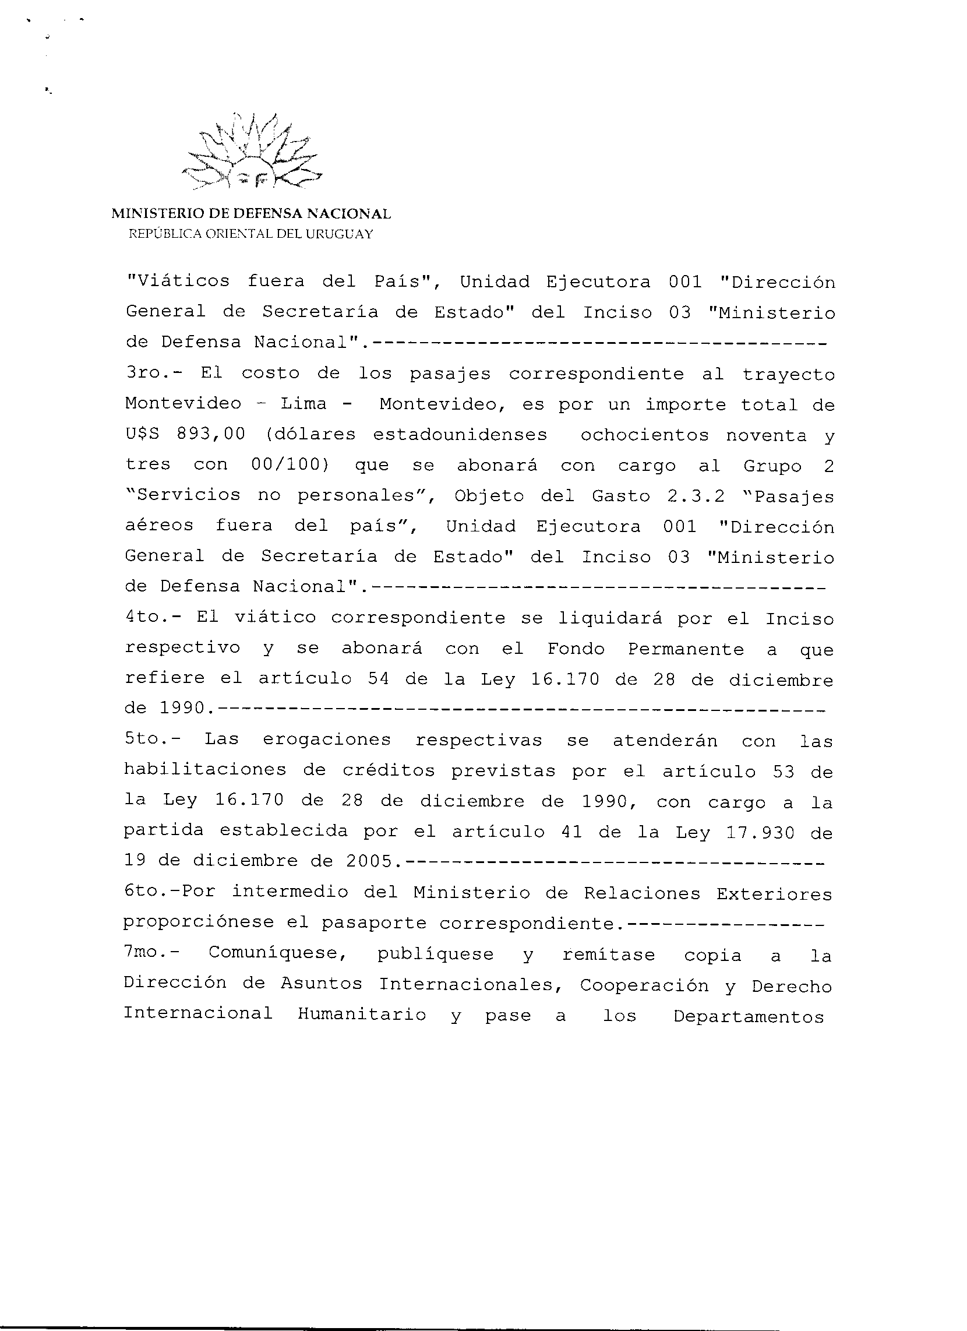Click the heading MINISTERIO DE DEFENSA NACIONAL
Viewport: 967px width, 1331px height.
(x=251, y=214)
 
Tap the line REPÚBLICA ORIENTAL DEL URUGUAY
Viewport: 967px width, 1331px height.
(x=250, y=234)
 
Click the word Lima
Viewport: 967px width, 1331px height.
(x=303, y=404)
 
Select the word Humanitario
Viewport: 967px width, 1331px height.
(x=361, y=1015)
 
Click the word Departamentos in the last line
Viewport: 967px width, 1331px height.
(x=749, y=1016)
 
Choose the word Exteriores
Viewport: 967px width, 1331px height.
(x=774, y=893)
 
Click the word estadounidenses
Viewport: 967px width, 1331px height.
(x=460, y=435)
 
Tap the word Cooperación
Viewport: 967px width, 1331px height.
(x=644, y=985)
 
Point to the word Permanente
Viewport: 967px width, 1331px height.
(x=686, y=649)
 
